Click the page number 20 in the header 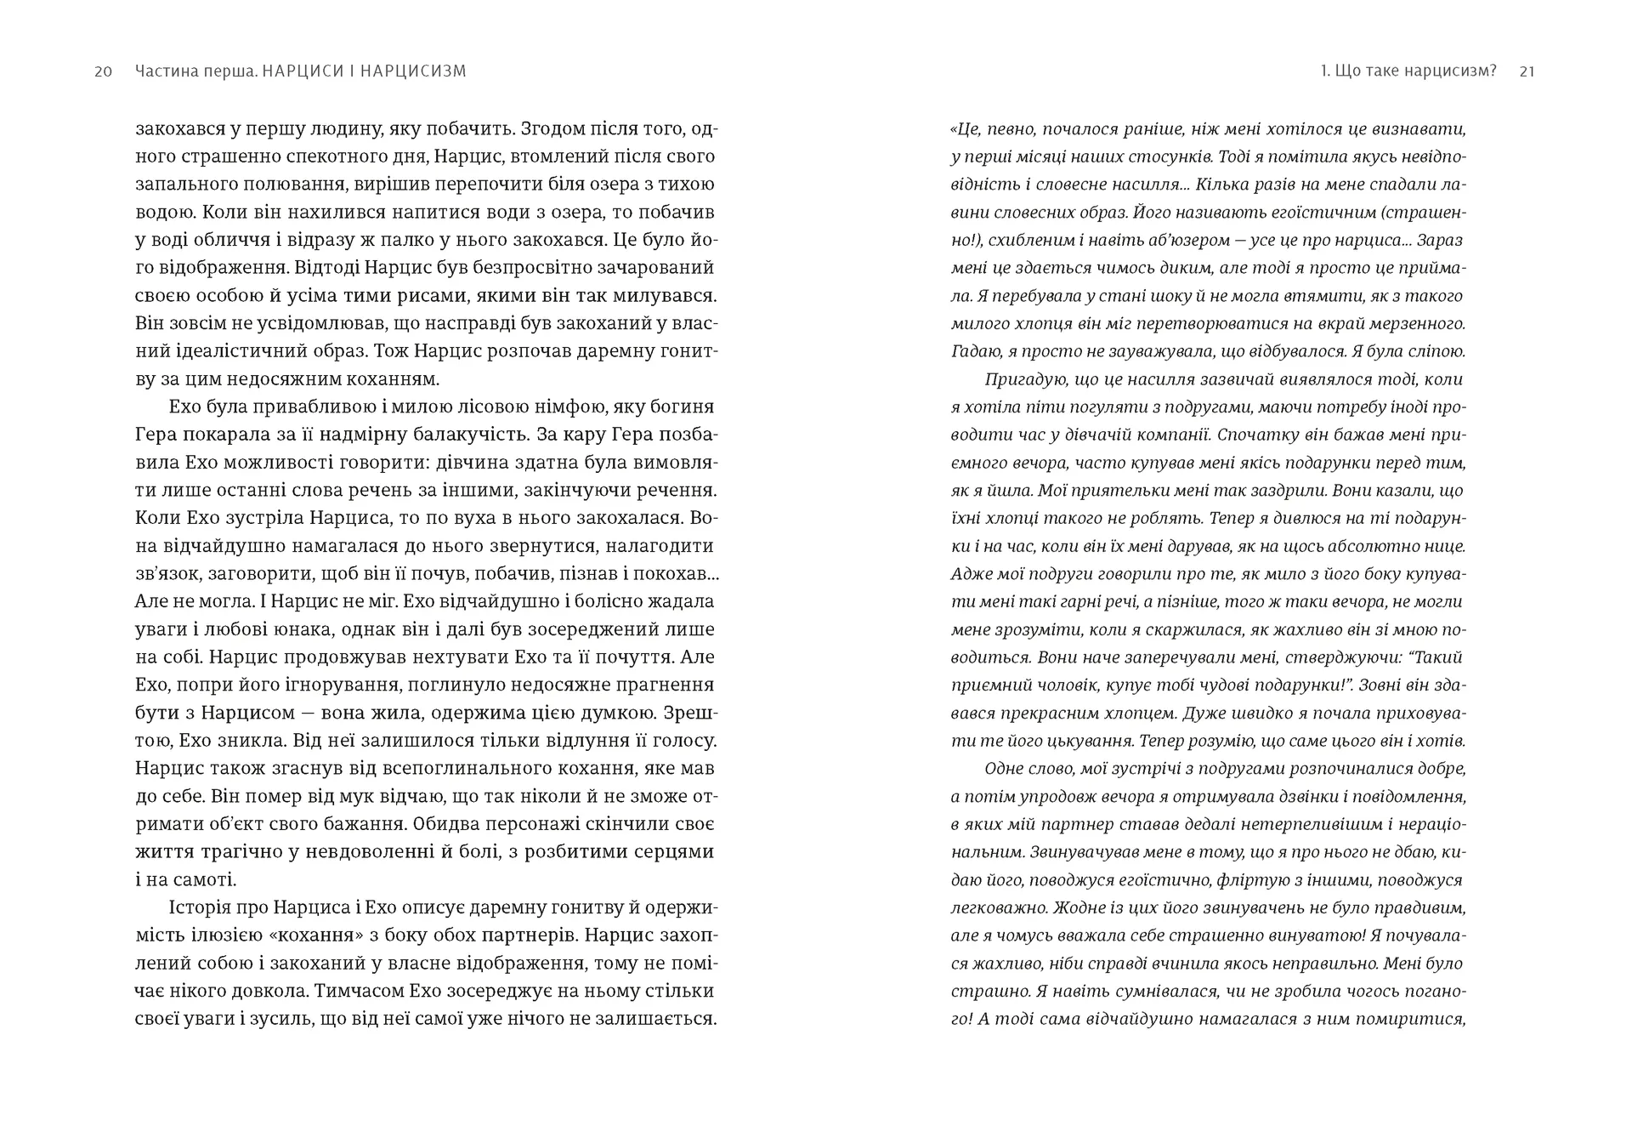[x=103, y=71]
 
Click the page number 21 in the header [x=1527, y=71]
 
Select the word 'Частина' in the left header [x=164, y=71]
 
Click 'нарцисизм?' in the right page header [x=1455, y=71]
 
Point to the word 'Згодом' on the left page [x=553, y=129]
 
